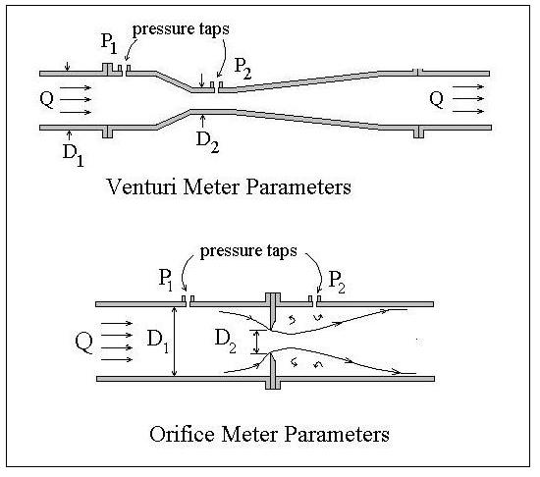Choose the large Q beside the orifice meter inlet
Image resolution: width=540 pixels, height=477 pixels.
pyautogui.click(x=86, y=342)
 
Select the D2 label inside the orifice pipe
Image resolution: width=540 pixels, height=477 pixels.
pyautogui.click(x=226, y=341)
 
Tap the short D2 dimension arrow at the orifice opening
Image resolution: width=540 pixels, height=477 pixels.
pyautogui.click(x=257, y=341)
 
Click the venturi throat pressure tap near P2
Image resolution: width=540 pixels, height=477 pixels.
pyautogui.click(x=218, y=86)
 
